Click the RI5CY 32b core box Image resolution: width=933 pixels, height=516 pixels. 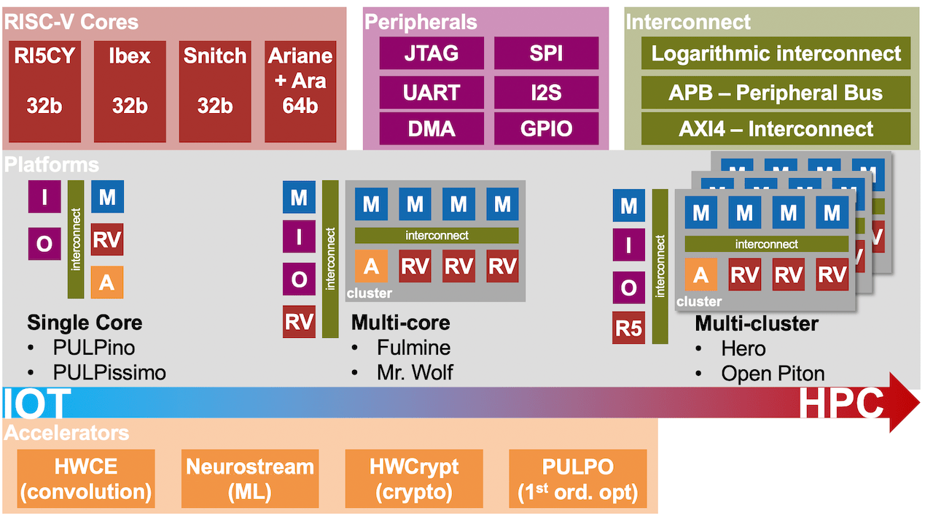coord(44,91)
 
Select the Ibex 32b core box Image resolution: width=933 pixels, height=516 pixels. coord(130,91)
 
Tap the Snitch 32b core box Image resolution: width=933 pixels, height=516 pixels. coord(215,91)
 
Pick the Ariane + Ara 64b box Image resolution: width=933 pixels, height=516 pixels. coord(300,91)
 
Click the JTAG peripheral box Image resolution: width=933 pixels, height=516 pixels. coord(432,53)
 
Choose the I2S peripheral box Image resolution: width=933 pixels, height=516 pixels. coord(546,92)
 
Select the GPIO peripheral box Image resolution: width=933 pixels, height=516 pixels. coord(546,129)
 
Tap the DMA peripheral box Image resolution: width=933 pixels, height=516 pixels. coord(432,129)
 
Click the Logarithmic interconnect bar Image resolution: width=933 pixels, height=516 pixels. coord(776,53)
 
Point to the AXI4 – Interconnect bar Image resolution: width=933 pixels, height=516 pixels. coord(776,128)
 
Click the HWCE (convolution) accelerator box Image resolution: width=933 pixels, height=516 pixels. coord(86,479)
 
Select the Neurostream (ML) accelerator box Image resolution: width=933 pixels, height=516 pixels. coord(250,479)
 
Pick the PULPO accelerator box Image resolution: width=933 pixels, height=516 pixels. coord(578,479)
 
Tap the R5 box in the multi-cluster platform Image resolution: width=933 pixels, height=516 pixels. coord(628,328)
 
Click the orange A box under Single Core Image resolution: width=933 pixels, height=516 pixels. coord(107,282)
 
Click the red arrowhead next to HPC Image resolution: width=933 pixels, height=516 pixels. coord(904,402)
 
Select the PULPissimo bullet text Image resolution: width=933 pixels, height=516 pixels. coord(109,372)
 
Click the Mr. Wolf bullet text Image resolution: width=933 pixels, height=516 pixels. coord(415,372)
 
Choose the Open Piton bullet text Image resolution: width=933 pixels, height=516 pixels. coord(773,374)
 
